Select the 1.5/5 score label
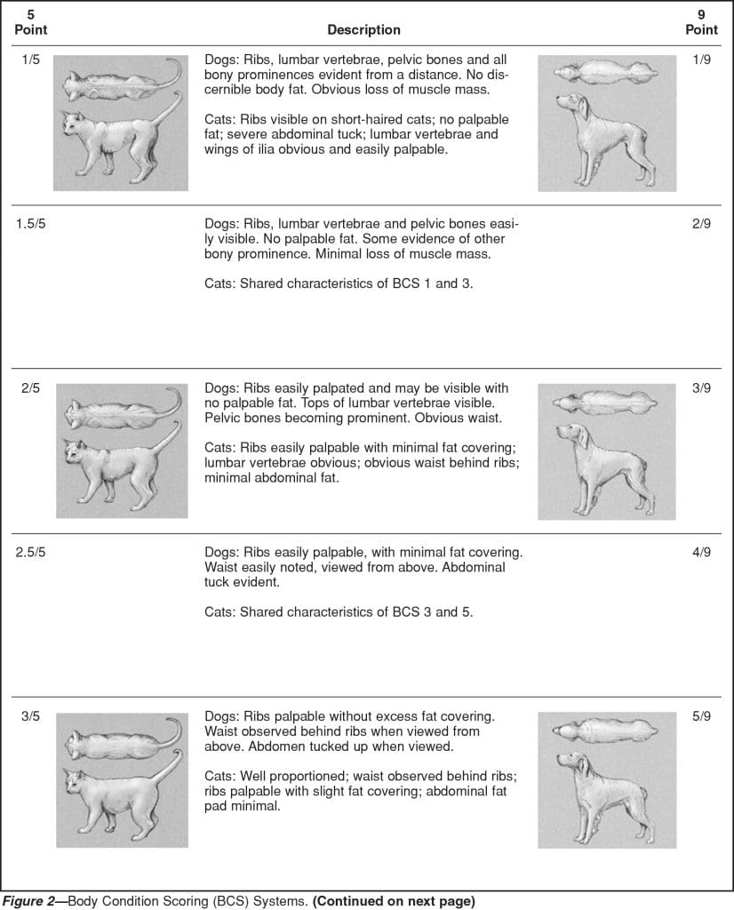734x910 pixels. coord(31,223)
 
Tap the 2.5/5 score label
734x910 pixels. coord(31,552)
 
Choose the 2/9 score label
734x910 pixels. coord(701,223)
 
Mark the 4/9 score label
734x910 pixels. coord(701,552)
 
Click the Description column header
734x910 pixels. coord(363,29)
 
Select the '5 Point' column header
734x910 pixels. coord(31,22)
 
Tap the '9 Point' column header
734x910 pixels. coord(701,22)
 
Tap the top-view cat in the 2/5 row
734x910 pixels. coord(111,414)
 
